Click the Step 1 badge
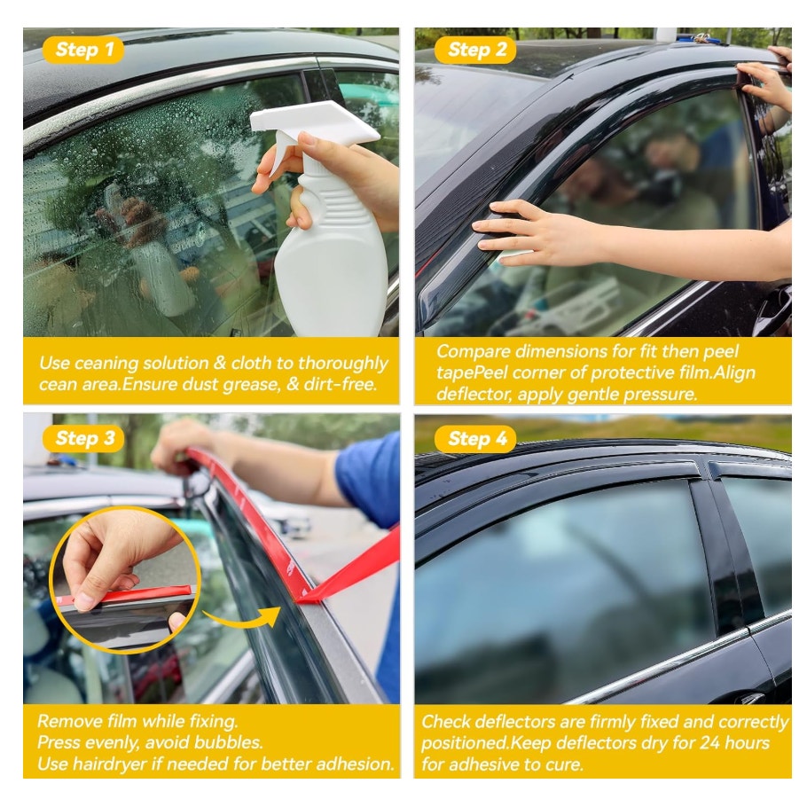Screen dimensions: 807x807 (x=83, y=50)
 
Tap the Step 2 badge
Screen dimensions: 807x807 (x=475, y=50)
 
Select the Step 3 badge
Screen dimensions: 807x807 (x=83, y=438)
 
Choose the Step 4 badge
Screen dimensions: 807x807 (x=475, y=438)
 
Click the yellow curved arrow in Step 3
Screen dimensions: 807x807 (x=242, y=617)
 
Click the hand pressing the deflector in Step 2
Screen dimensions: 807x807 (x=537, y=233)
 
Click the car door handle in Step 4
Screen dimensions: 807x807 (x=752, y=698)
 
